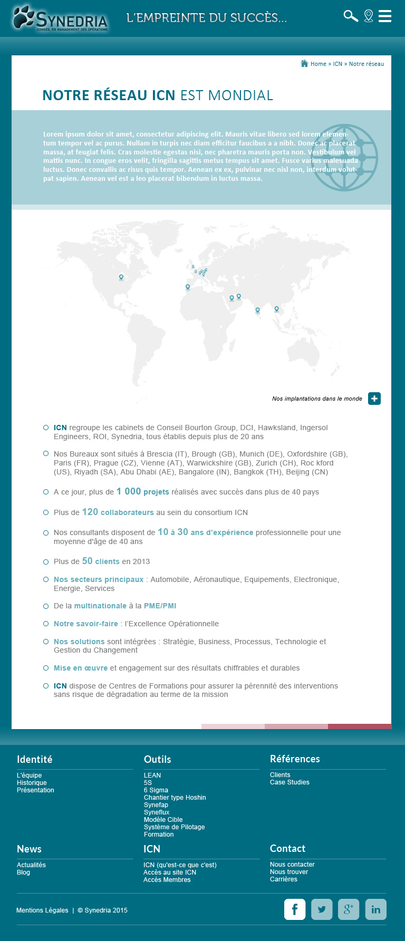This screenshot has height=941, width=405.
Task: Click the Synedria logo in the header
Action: coord(61,19)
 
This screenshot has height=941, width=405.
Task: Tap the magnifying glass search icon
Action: coord(351,16)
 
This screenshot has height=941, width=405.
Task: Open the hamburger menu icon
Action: coord(385,16)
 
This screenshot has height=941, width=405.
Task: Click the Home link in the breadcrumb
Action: coord(318,64)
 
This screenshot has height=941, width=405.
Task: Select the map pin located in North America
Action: coord(121,277)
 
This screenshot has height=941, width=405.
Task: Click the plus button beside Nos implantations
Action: coord(374,399)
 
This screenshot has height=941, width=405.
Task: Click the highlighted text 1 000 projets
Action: coord(143,491)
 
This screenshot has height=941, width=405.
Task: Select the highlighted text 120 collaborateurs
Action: coord(118,512)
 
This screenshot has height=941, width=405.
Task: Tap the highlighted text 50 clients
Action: coord(100,561)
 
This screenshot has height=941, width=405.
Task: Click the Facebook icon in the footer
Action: coord(295,909)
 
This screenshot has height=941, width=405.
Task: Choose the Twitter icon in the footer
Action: coord(322,909)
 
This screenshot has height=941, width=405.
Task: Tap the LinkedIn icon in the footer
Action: coord(375,909)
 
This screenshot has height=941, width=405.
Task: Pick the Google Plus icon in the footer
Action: coord(349,909)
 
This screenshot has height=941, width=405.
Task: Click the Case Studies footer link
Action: coord(290,782)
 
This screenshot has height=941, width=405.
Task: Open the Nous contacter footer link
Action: coord(292,865)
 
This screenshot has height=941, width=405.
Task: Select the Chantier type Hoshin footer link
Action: coord(175,798)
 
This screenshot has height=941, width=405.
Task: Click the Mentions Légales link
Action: coord(42,910)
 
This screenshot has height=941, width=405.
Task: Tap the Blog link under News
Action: coord(23,872)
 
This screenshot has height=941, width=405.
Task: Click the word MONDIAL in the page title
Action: coord(240,95)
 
